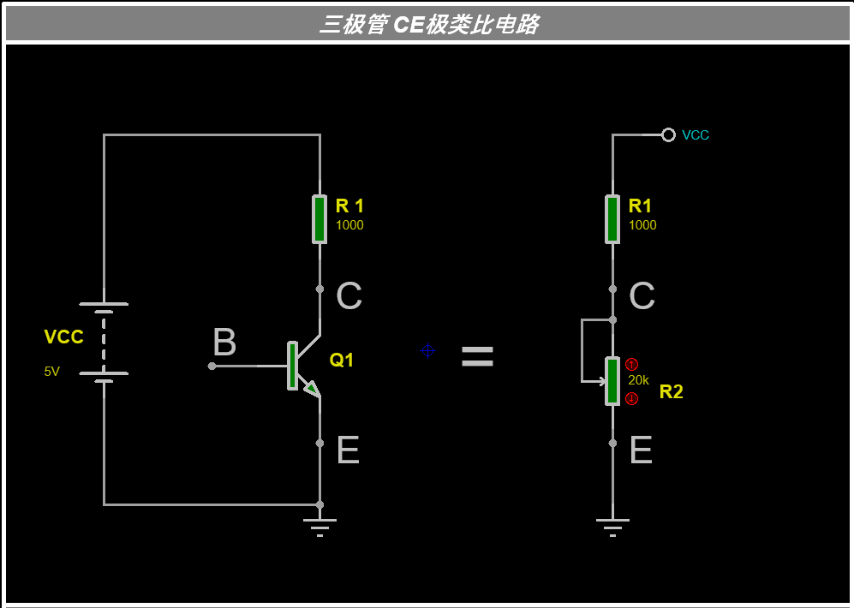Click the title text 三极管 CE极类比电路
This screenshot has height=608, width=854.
click(x=428, y=24)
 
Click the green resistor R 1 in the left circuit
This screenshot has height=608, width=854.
click(x=320, y=219)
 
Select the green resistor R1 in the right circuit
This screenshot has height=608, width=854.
click(x=612, y=219)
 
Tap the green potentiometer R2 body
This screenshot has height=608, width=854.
click(x=612, y=381)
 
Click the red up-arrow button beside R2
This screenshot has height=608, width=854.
click(x=632, y=364)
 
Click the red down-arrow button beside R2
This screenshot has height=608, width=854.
click(x=632, y=398)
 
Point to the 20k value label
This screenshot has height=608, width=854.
click(x=638, y=380)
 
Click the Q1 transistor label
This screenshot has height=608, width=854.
click(x=342, y=361)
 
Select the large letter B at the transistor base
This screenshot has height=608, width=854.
click(x=224, y=343)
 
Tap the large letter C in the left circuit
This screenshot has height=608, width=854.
click(x=349, y=296)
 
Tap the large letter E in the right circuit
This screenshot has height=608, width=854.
click(x=641, y=450)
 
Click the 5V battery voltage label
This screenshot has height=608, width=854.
click(x=52, y=372)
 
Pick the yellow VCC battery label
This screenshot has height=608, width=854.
click(x=63, y=337)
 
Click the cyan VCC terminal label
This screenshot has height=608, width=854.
click(x=696, y=135)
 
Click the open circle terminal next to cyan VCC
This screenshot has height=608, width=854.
click(x=669, y=134)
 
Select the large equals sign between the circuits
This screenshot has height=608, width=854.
click(x=477, y=358)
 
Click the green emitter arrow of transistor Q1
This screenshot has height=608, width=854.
click(x=312, y=389)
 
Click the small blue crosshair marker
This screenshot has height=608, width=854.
click(x=427, y=350)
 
